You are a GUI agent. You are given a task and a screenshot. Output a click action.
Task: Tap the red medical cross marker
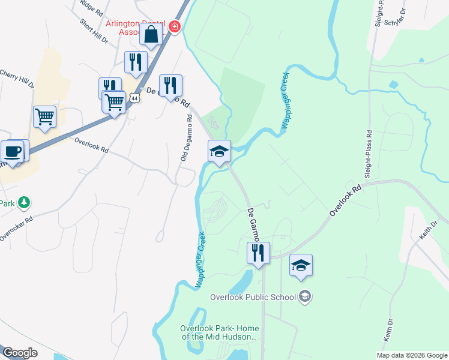175,26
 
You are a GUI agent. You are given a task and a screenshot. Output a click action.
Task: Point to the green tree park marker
24,202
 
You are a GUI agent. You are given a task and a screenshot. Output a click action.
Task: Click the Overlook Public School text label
253,296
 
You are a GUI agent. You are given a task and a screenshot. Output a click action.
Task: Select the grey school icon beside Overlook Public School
305,296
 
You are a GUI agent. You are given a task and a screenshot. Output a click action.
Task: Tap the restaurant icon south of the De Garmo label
258,252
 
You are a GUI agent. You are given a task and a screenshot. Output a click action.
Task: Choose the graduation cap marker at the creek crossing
219,151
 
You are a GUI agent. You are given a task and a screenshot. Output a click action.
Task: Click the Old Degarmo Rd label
187,137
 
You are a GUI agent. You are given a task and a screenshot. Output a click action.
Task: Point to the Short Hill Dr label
94,31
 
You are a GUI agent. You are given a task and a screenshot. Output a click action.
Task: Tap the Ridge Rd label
91,7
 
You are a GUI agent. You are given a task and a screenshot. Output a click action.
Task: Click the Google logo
20,353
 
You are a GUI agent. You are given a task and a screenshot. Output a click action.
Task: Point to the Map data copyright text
411,355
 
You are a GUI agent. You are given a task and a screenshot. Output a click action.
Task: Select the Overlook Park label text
217,332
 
